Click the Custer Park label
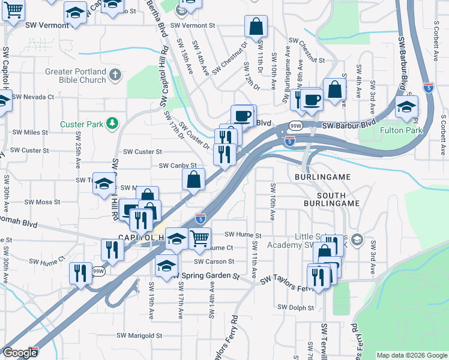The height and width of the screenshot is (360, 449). (82, 124)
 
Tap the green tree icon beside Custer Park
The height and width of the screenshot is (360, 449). (111, 124)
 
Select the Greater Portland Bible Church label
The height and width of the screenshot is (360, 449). (76, 76)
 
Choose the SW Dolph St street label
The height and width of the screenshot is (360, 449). (296, 307)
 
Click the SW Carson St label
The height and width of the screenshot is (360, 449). (214, 262)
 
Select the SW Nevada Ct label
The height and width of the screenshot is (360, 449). (33, 97)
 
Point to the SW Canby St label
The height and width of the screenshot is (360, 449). (178, 165)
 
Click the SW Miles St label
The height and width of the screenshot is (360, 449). (30, 132)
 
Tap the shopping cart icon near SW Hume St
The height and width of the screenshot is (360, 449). (200, 238)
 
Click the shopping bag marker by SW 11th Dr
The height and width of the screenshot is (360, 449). (256, 26)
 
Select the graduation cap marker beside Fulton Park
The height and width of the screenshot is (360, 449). (406, 107)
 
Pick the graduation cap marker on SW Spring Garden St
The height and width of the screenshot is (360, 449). (166, 265)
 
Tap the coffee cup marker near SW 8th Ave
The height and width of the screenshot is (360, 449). (312, 99)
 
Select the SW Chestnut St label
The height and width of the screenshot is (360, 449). (307, 42)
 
